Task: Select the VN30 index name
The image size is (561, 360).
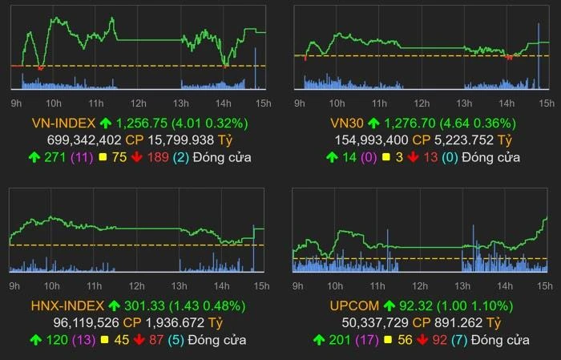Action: click(x=346, y=123)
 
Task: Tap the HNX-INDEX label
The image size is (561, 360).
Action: click(x=67, y=305)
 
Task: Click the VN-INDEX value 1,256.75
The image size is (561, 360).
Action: click(x=142, y=123)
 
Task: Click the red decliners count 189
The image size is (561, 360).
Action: click(x=158, y=157)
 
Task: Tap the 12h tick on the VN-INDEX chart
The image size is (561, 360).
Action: click(x=138, y=103)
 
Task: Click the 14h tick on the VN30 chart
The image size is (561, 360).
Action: click(x=506, y=103)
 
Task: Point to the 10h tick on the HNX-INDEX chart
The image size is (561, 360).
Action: click(x=53, y=285)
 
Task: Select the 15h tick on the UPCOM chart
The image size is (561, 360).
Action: click(x=546, y=285)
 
